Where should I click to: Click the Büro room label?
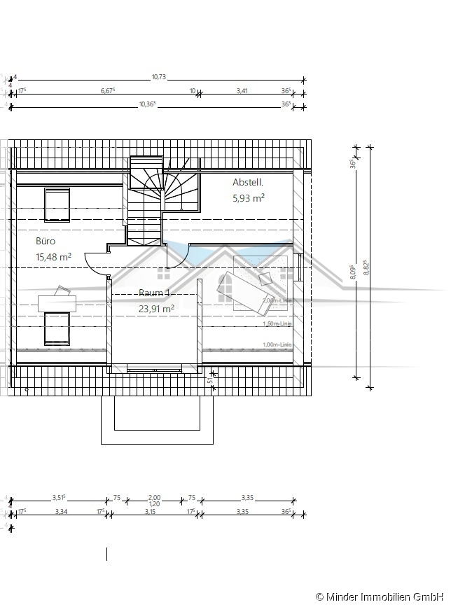(x=46, y=241)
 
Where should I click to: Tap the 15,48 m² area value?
(x=54, y=257)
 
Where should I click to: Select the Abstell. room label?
(x=248, y=183)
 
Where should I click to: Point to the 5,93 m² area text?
(x=248, y=198)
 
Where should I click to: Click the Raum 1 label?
(x=155, y=293)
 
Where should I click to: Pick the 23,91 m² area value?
(x=156, y=307)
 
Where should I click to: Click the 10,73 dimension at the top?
(x=159, y=77)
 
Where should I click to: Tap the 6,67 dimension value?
(x=108, y=90)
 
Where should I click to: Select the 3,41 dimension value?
(x=242, y=90)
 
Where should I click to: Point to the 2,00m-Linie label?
(x=277, y=300)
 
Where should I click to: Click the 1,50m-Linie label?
(x=277, y=323)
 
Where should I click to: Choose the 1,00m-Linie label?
(x=277, y=344)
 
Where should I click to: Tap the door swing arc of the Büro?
(x=95, y=264)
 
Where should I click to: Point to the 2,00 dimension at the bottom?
(x=155, y=497)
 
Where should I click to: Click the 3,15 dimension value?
(x=150, y=512)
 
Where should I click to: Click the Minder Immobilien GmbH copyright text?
(x=382, y=596)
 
